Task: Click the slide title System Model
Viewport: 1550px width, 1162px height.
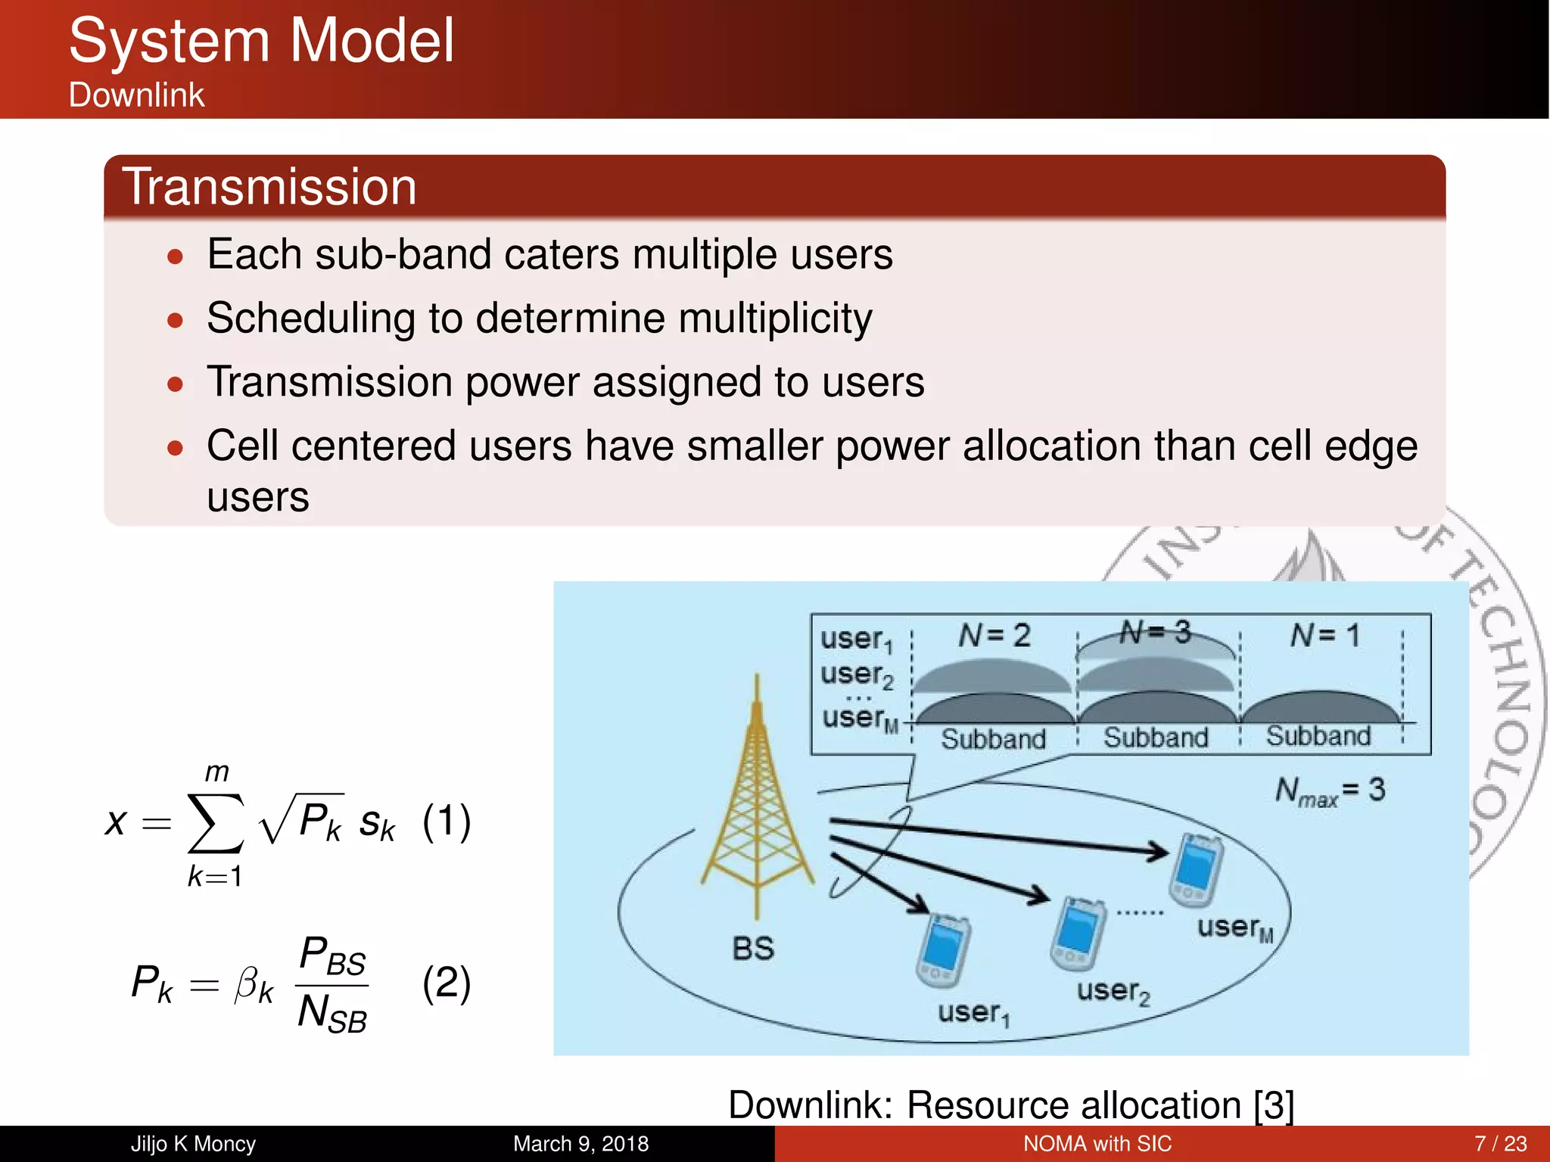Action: [261, 41]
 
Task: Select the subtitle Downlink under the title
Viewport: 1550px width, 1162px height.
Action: [136, 95]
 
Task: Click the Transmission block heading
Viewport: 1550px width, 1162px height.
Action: [269, 187]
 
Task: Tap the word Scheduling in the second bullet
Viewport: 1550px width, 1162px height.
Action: [310, 318]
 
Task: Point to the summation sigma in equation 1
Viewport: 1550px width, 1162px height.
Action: [216, 822]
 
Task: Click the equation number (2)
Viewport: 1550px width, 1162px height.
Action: [447, 983]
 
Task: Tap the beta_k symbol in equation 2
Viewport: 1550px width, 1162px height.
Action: [254, 984]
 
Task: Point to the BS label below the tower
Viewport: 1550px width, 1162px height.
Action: [753, 949]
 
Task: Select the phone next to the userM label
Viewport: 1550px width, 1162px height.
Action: [1196, 870]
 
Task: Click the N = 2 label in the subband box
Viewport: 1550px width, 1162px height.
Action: [994, 635]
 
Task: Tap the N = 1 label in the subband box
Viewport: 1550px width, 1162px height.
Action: [1324, 635]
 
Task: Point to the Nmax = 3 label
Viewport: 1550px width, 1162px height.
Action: [1330, 791]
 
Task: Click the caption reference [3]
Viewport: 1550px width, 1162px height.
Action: [1273, 1105]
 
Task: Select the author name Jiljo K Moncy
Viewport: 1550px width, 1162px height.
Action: [193, 1144]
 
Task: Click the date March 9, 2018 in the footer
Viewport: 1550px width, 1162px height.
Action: [580, 1144]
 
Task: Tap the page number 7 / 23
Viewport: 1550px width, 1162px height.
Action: [1500, 1144]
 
